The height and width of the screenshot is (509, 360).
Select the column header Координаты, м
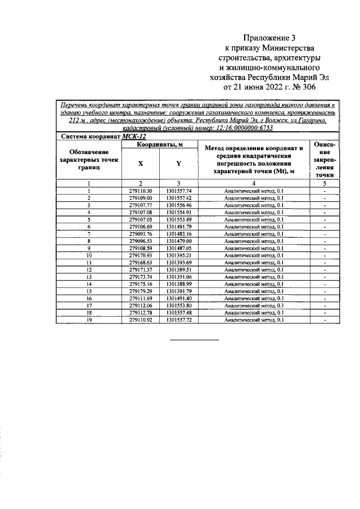point(160,145)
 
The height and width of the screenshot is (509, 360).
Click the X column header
point(141,163)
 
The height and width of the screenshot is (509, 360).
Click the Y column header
point(178,163)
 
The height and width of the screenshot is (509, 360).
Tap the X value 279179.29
point(141,291)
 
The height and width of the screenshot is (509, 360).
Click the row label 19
point(89,319)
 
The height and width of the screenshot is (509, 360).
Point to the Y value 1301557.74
point(179,191)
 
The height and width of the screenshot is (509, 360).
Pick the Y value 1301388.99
point(179,284)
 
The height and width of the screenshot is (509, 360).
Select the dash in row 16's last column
point(325,298)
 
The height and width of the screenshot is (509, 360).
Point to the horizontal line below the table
point(195,340)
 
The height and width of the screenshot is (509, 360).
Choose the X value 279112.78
point(141,312)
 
